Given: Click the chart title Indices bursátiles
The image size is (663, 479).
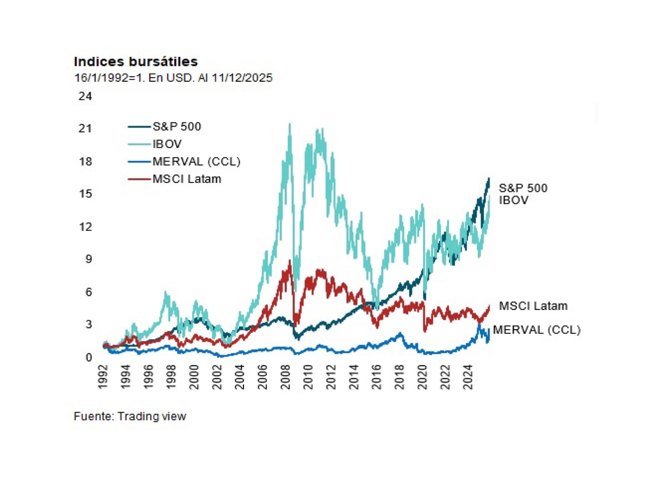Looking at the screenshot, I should (136, 62).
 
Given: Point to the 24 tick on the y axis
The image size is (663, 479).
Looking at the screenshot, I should (85, 96).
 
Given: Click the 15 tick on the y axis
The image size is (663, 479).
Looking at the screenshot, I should (85, 194).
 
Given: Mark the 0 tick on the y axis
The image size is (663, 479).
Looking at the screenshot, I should (88, 357).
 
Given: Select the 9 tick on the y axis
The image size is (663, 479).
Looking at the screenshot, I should (88, 259).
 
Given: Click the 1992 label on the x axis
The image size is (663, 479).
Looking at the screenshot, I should (103, 377).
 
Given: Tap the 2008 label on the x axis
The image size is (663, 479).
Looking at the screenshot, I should (286, 377).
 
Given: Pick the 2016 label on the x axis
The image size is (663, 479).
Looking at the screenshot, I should (376, 377).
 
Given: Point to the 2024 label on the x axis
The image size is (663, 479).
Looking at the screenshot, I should (468, 377).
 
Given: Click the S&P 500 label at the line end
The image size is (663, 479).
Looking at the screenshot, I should (523, 188).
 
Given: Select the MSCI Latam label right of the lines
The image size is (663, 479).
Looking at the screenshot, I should (533, 306).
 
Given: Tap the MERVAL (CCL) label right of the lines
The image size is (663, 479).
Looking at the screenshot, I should (537, 330).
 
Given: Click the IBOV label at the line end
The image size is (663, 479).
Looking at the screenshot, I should (513, 200).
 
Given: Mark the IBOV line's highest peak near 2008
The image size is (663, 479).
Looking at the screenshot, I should (290, 124).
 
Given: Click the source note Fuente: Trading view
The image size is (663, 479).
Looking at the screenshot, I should (130, 416).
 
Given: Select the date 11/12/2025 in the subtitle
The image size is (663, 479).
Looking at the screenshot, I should (242, 78).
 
